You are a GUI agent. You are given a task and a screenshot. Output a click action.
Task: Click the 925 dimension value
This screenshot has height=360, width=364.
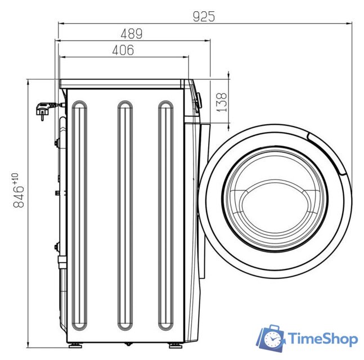point(204,15)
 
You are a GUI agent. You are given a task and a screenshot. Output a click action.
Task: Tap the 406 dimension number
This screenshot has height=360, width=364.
point(123,50)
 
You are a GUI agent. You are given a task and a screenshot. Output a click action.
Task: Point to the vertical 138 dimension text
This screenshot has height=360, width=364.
point(222,102)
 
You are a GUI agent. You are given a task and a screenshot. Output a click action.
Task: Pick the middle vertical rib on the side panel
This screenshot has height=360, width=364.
point(125,214)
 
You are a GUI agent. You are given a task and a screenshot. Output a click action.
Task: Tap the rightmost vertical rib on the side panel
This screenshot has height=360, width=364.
point(165,214)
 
